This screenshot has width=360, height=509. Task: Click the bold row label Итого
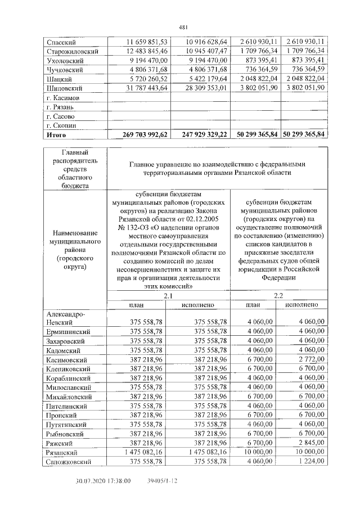57,135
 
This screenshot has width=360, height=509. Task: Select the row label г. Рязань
60,107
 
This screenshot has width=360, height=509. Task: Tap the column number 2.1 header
168,295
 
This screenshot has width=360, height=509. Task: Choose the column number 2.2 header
278,295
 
